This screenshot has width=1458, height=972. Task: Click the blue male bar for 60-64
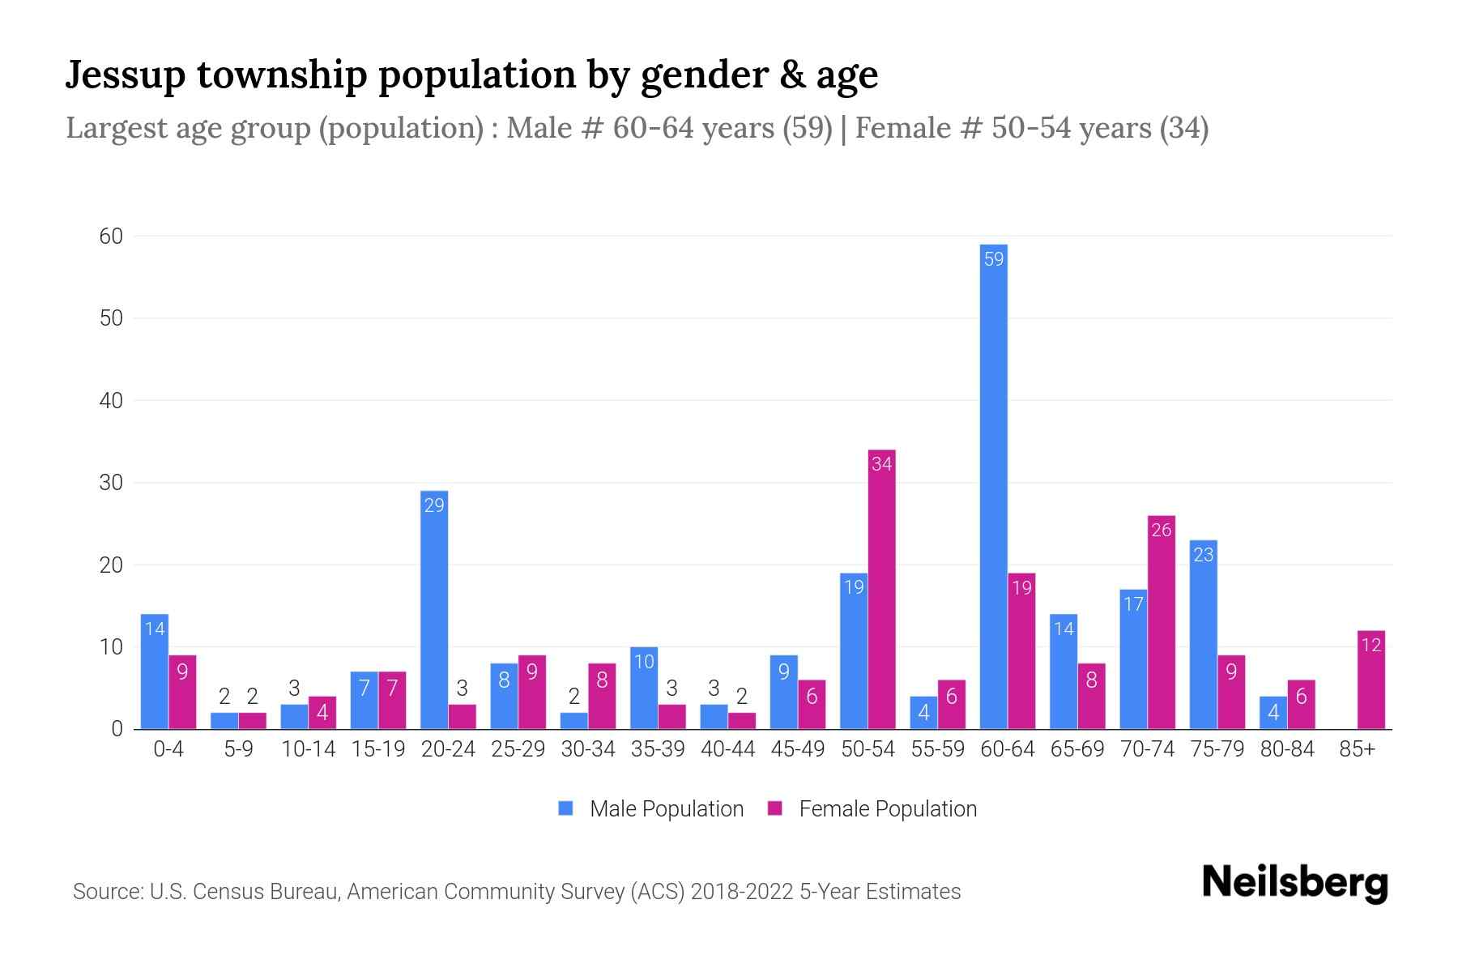tap(993, 486)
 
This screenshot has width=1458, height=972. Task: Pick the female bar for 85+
tap(1371, 680)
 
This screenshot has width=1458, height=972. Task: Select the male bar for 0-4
tap(154, 671)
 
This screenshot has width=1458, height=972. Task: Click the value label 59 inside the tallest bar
tap(993, 259)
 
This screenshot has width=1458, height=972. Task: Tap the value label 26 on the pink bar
tap(1161, 531)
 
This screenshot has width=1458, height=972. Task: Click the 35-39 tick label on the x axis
tap(658, 749)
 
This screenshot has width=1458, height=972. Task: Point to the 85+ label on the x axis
tap(1357, 749)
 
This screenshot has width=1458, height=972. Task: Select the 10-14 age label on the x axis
tap(308, 749)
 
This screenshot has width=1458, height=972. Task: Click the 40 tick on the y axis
tap(111, 401)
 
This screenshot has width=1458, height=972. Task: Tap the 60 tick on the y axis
tap(111, 237)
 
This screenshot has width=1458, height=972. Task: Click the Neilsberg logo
tap(1294, 883)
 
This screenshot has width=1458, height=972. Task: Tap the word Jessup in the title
tap(126, 75)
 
